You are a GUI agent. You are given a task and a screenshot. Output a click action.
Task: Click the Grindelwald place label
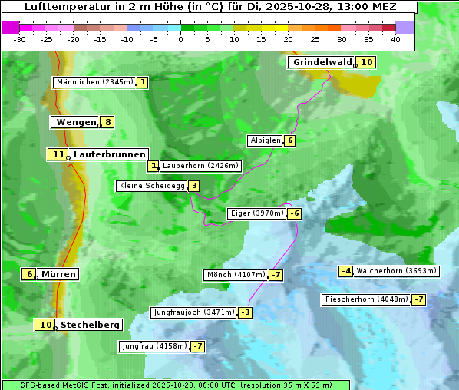pyautogui.click(x=321, y=62)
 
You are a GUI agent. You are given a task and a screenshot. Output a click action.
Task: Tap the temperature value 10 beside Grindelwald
pyautogui.click(x=367, y=62)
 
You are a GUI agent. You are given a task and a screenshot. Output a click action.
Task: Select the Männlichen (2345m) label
pyautogui.click(x=94, y=82)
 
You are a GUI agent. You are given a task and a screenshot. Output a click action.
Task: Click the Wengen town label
pyautogui.click(x=74, y=122)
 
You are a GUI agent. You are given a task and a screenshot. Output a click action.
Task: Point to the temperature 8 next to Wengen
pyautogui.click(x=108, y=122)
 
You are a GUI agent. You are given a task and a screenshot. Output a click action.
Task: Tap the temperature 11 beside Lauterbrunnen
pyautogui.click(x=58, y=154)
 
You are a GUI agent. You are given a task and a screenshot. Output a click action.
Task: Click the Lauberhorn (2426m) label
pyautogui.click(x=201, y=166)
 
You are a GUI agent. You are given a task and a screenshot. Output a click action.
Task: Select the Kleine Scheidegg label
pyautogui.click(x=150, y=186)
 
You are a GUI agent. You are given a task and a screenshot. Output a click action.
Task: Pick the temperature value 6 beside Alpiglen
pyautogui.click(x=290, y=140)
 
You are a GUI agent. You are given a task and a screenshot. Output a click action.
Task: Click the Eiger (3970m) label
pyautogui.click(x=256, y=213)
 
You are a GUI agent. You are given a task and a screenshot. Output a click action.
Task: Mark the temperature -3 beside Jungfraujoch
pyautogui.click(x=245, y=312)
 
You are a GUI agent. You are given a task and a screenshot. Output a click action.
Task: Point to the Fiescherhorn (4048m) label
pyautogui.click(x=366, y=299)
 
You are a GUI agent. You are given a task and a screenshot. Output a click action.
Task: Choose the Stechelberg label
pyautogui.click(x=90, y=325)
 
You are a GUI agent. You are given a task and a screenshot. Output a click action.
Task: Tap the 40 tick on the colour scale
pyautogui.click(x=395, y=39)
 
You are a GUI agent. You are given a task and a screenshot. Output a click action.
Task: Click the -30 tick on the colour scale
pyautogui.click(x=20, y=39)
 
